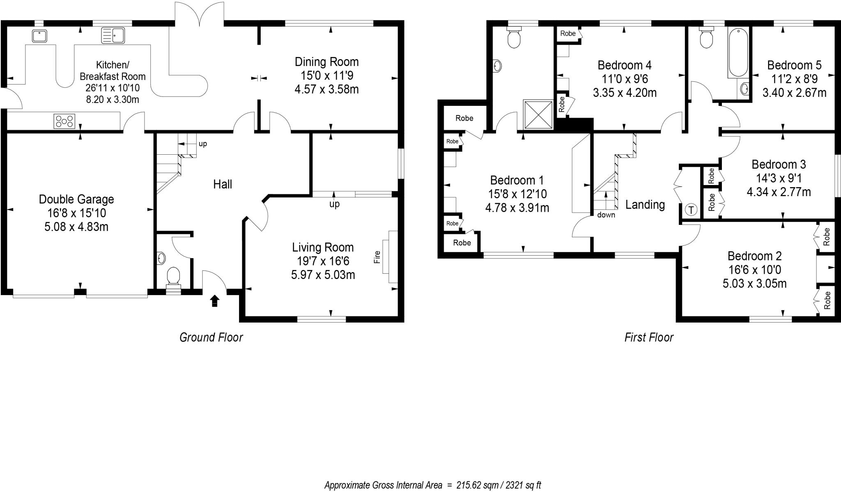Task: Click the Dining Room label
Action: click(326, 62)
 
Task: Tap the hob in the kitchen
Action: click(65, 121)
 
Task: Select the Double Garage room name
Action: click(76, 199)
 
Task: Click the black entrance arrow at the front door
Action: click(214, 301)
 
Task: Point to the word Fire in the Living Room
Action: click(377, 257)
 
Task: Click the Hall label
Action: click(223, 184)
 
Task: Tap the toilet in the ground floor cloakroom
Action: click(173, 277)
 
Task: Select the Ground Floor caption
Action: click(211, 337)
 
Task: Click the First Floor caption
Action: click(649, 337)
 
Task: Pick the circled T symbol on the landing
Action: click(692, 210)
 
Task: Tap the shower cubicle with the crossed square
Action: click(538, 114)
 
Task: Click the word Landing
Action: click(645, 204)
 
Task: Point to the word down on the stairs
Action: click(606, 215)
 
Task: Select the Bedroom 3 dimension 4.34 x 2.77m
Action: click(779, 192)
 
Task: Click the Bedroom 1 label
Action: click(517, 180)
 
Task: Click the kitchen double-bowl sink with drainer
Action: click(113, 35)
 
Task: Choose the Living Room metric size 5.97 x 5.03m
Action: click(323, 275)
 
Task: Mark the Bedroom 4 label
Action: click(624, 65)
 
